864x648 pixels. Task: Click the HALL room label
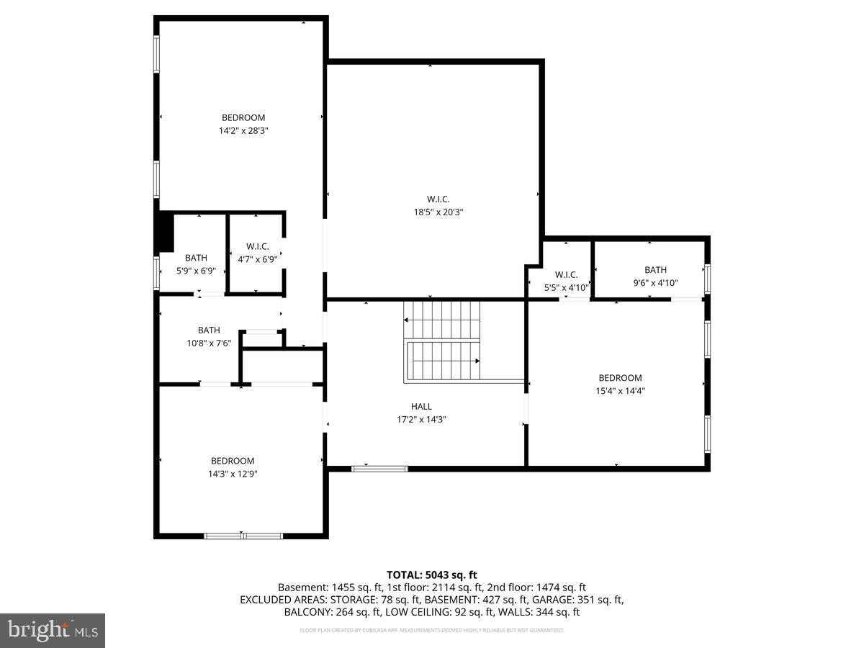click(421, 407)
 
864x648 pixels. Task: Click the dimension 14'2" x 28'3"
click(243, 131)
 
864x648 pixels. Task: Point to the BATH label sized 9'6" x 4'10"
click(655, 270)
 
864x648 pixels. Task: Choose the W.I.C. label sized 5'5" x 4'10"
click(567, 274)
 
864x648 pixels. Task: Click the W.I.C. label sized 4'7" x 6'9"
click(257, 246)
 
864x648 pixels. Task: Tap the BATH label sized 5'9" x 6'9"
click(196, 258)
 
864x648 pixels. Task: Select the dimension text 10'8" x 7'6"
click(209, 343)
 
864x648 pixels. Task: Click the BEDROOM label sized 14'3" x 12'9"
click(233, 461)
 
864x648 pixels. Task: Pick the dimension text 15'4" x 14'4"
click(620, 391)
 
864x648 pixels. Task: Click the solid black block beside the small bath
click(165, 232)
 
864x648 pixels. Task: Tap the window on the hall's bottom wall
click(379, 469)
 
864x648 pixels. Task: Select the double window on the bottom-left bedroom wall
click(243, 536)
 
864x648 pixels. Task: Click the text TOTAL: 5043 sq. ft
click(432, 575)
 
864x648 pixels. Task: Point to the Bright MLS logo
click(53, 631)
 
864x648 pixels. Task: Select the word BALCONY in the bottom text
click(306, 612)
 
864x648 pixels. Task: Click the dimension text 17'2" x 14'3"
click(421, 420)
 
